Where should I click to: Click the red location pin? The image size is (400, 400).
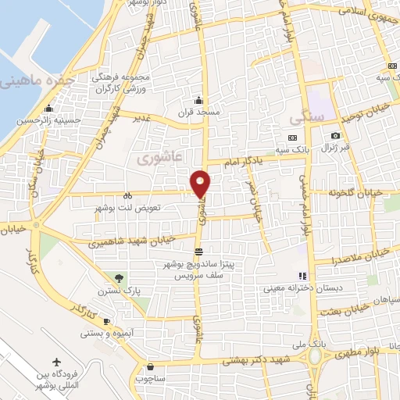[202, 184]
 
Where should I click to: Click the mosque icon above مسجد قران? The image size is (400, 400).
[200, 99]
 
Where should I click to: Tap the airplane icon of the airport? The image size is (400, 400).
[56, 362]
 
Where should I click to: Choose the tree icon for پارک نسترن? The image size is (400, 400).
[119, 277]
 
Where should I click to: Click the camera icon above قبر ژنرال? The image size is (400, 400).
[335, 137]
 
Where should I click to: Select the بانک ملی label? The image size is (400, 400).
[317, 343]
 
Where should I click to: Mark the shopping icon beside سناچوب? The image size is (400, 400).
[149, 366]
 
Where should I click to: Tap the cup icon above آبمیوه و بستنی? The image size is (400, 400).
[107, 322]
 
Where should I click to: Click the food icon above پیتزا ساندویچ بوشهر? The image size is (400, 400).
[199, 252]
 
